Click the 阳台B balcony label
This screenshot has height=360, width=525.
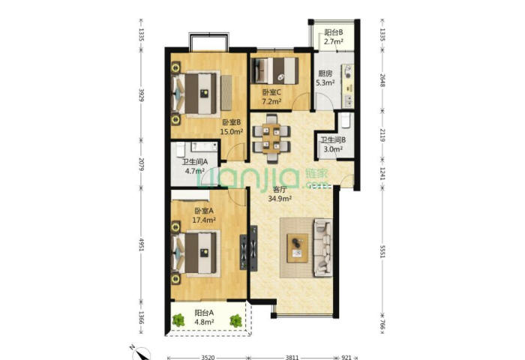pos(334,32)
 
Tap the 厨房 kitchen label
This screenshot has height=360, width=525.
pos(325,73)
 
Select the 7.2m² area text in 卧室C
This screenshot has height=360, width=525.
pos(271,101)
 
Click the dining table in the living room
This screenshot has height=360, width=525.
pos(271,139)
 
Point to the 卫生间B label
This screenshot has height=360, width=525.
pos(333,140)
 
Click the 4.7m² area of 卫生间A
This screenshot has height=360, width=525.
pos(195,171)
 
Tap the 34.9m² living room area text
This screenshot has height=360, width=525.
pos(280,199)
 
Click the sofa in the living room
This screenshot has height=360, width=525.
pos(322,247)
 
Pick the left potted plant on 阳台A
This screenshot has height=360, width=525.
pos(178,320)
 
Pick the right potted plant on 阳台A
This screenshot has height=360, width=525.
pos(236,320)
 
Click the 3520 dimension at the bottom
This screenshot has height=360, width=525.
pos(208,357)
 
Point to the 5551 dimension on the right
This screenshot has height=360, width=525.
pos(382,250)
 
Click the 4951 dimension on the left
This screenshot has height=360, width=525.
pos(142,244)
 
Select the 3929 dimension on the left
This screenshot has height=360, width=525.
pos(142,95)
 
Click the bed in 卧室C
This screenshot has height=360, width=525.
pos(274,70)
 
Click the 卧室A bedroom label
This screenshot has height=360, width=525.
pos(204,211)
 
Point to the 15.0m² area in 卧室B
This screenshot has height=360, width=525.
pos(231,131)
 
